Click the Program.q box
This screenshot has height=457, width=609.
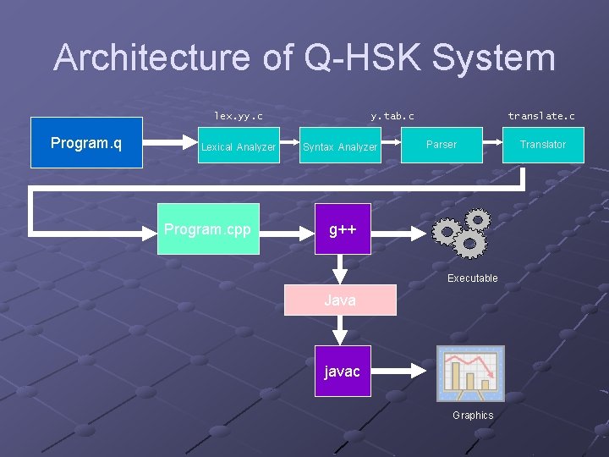(86, 143)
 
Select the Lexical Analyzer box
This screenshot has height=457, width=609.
(239, 146)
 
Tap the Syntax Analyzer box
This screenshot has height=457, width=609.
(340, 146)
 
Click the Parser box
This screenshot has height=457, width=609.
(441, 145)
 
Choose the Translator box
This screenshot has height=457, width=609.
(542, 145)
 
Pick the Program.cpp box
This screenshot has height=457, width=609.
(207, 229)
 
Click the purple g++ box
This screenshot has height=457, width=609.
(342, 229)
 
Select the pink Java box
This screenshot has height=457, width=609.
(340, 300)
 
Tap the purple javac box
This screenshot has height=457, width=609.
(342, 372)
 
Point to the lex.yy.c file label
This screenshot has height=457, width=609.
(239, 115)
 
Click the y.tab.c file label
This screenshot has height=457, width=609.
(392, 115)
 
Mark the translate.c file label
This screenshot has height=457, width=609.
(541, 115)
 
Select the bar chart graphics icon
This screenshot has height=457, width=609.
(470, 373)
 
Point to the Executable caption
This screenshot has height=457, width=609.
(472, 278)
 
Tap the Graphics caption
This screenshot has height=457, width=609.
(472, 415)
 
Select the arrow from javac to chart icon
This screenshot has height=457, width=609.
(400, 371)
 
